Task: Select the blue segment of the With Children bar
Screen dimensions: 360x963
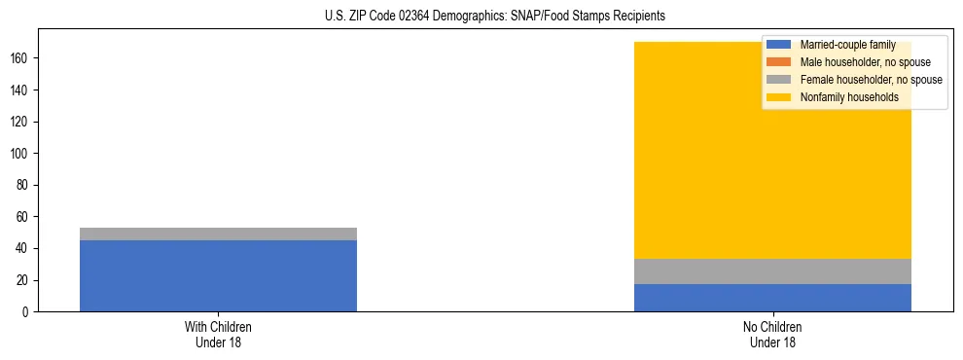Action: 218,275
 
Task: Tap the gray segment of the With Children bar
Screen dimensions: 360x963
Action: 218,234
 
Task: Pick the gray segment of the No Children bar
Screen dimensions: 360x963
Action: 772,271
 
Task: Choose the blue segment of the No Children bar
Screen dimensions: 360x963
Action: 772,298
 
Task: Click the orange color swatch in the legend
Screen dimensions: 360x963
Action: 779,62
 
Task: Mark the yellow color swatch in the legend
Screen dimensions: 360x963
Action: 779,97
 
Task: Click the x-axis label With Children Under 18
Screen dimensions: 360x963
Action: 218,334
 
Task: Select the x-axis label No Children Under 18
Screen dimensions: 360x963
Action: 772,334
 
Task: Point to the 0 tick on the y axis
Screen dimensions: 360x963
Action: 26,312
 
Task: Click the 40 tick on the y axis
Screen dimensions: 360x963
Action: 23,249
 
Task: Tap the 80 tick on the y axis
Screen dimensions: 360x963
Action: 23,186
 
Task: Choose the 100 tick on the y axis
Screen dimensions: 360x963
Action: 20,154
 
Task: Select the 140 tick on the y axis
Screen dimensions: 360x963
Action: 20,90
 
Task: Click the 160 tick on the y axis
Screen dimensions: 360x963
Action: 20,58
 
